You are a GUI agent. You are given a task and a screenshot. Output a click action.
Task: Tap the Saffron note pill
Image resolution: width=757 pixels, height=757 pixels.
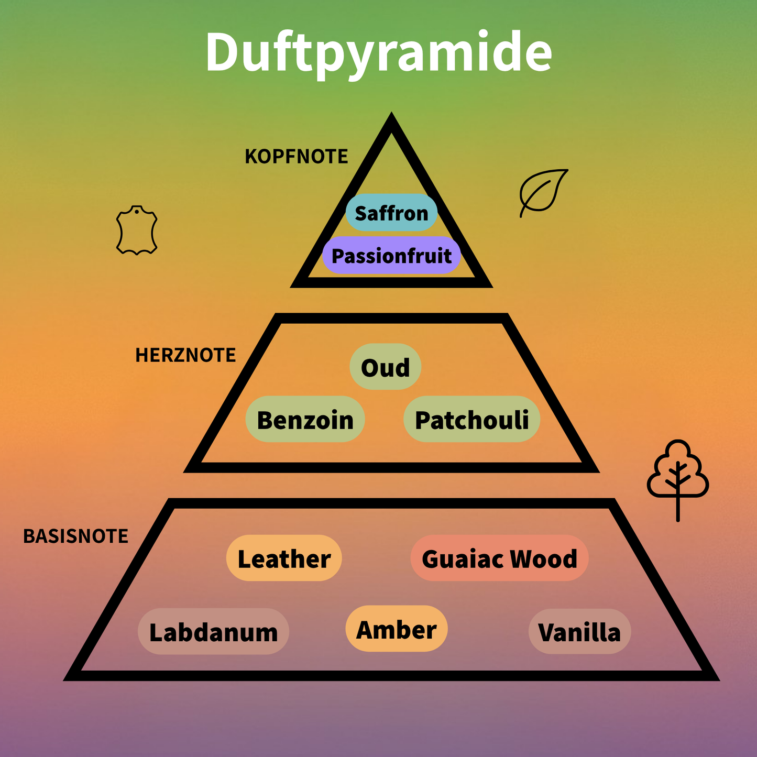pyautogui.click(x=392, y=213)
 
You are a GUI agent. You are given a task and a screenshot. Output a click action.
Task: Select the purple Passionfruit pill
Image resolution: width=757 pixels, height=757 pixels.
pyautogui.click(x=392, y=255)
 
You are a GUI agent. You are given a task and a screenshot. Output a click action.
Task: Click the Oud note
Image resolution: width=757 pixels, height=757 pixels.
pyautogui.click(x=386, y=367)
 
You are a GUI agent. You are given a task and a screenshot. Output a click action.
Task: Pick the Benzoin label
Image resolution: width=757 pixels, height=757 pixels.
pyautogui.click(x=305, y=419)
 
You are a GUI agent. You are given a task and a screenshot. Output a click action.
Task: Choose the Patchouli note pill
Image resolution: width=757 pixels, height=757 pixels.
pyautogui.click(x=472, y=419)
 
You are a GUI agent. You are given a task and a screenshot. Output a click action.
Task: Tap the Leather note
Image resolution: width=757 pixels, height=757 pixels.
pyautogui.click(x=284, y=558)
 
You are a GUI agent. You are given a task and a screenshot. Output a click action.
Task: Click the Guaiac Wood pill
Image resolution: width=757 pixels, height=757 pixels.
pyautogui.click(x=500, y=558)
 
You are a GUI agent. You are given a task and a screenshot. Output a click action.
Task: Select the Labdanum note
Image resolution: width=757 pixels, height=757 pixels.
pyautogui.click(x=213, y=631)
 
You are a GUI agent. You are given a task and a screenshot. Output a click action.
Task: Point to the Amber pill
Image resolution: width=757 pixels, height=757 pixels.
pyautogui.click(x=397, y=629)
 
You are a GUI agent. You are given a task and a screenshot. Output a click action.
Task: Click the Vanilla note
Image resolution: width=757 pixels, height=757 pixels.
pyautogui.click(x=579, y=631)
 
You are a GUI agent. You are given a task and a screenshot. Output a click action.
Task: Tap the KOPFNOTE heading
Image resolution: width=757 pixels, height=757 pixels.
pyautogui.click(x=296, y=156)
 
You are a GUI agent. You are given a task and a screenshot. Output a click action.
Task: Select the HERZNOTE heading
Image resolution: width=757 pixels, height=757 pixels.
pyautogui.click(x=185, y=355)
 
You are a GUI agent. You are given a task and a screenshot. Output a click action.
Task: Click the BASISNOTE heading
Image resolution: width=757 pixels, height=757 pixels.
pyautogui.click(x=76, y=536)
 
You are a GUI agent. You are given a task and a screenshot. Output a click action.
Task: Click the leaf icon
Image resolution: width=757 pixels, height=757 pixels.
pyautogui.click(x=544, y=193)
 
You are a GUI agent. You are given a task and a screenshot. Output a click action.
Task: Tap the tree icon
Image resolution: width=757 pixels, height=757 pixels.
pyautogui.click(x=678, y=480)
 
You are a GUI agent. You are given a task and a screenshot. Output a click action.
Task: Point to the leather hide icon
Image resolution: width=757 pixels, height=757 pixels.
pyautogui.click(x=137, y=230)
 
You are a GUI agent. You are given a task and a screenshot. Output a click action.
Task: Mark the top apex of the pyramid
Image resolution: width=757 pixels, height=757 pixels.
pyautogui.click(x=391, y=112)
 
